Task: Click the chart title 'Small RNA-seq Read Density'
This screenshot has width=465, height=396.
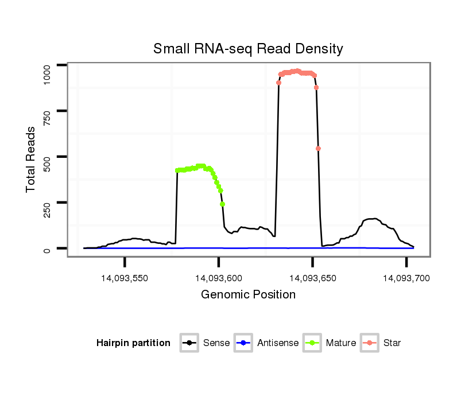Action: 248,49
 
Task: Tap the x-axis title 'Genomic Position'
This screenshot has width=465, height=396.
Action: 248,295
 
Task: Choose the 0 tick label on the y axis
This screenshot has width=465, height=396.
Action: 48,249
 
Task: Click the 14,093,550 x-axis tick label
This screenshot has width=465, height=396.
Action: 124,278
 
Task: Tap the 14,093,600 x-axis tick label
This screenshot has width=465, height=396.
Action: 218,278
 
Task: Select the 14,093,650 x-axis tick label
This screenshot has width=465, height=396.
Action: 312,278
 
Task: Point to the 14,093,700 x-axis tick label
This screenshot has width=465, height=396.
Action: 406,278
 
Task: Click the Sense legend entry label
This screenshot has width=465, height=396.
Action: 216,343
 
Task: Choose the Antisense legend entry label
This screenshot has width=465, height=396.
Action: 278,343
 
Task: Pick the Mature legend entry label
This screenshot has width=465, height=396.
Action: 341,343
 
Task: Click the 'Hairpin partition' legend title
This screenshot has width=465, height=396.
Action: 134,343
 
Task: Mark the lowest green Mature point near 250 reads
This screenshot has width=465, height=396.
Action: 222,204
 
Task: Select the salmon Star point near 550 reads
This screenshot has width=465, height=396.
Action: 318,149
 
